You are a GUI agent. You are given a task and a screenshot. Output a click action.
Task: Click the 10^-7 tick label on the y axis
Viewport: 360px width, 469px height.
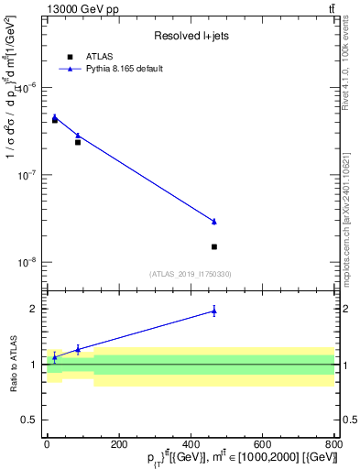click(27, 175)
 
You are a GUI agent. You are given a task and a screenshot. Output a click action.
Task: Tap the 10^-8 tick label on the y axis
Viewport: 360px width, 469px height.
click(27, 262)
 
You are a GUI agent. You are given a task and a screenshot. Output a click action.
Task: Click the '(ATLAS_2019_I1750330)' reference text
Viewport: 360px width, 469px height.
click(191, 274)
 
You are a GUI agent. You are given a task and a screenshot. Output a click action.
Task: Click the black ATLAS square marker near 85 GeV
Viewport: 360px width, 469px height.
click(78, 142)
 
